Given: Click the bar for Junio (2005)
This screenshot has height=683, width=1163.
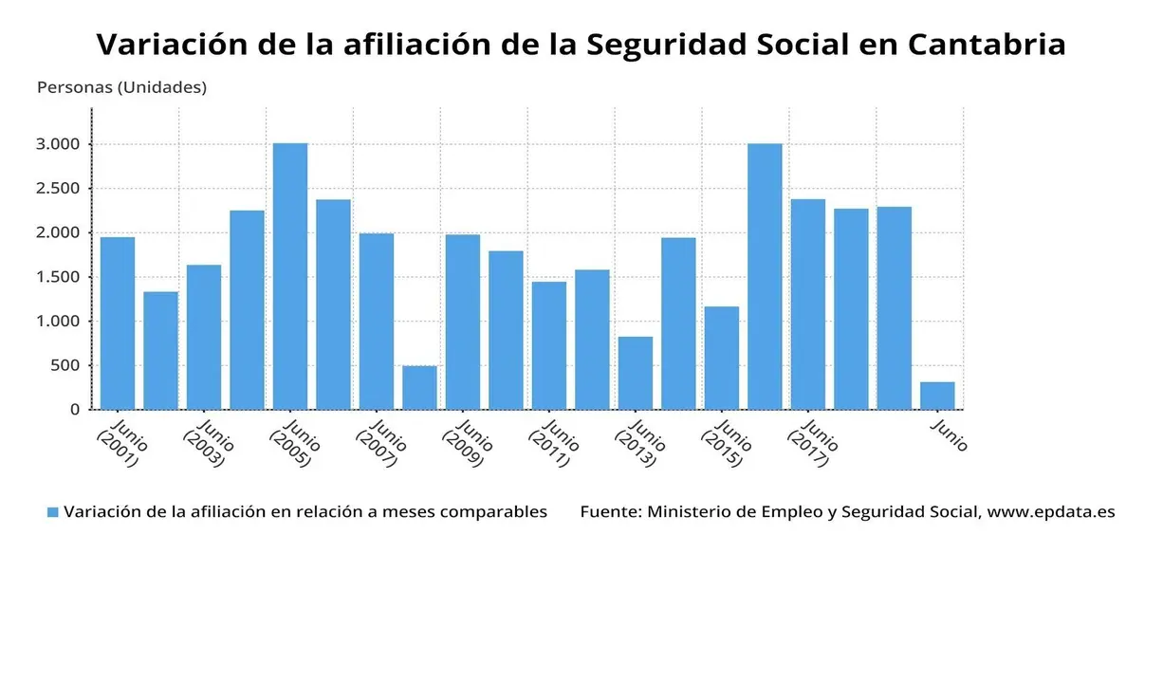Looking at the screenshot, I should (x=290, y=276).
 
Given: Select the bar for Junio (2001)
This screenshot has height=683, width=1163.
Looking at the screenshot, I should (x=118, y=323).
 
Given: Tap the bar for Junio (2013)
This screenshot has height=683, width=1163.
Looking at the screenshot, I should (x=636, y=373).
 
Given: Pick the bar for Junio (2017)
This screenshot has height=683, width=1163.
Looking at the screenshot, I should (x=808, y=304).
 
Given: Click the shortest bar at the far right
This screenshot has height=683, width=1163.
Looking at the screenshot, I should (x=937, y=396).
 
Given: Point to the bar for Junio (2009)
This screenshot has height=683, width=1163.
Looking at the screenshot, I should (x=463, y=322).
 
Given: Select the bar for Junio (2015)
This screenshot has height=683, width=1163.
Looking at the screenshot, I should (x=722, y=358).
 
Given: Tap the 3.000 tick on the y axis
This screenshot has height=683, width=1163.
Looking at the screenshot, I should (x=59, y=144).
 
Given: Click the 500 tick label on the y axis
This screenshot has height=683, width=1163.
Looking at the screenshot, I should (x=65, y=365).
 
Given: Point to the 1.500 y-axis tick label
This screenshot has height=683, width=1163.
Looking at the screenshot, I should (x=59, y=277).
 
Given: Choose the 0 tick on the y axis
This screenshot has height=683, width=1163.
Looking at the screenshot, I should (x=75, y=410).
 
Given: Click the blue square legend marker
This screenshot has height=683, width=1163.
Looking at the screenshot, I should (x=53, y=512).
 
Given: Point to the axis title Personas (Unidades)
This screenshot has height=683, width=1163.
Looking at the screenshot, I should (x=121, y=87).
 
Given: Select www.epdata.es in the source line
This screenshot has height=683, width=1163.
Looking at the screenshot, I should (x=1051, y=512).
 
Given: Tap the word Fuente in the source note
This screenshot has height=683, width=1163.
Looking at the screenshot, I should (x=609, y=512).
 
